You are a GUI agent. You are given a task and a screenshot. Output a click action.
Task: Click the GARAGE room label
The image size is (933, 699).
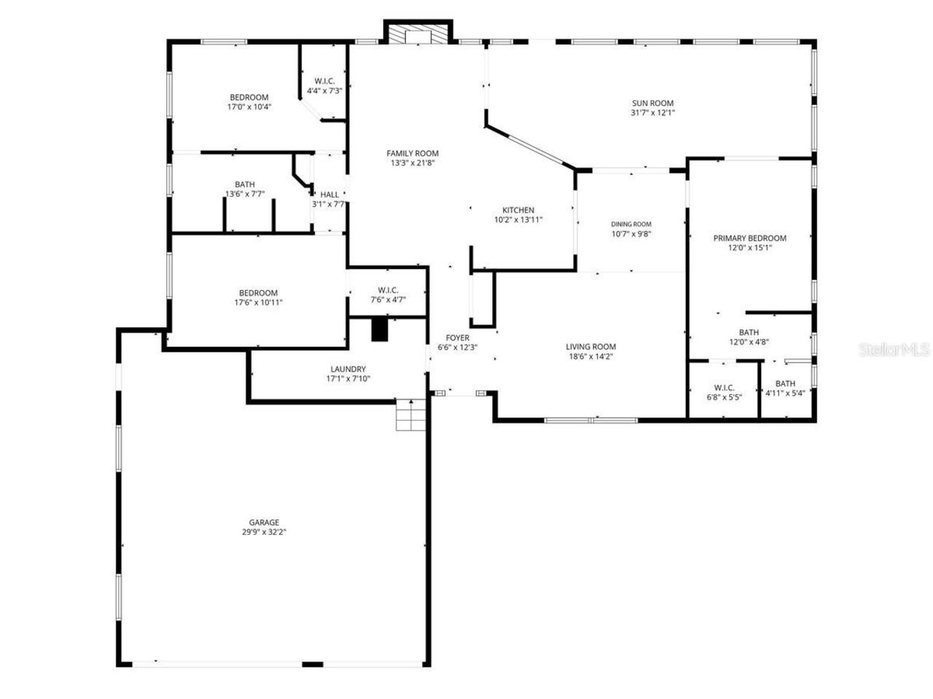[x=264, y=523]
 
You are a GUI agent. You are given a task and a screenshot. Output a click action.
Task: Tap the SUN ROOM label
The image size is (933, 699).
[x=652, y=104]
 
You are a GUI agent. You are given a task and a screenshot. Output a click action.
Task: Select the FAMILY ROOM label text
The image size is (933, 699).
[x=413, y=153]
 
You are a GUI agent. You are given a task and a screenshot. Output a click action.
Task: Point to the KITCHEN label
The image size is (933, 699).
[x=518, y=210]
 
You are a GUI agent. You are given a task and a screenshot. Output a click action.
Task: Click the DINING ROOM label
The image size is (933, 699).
[x=631, y=224]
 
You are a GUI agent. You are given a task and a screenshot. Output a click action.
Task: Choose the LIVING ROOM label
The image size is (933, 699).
[x=591, y=347]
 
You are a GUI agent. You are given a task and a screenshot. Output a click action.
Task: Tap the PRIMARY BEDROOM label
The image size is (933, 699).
[x=749, y=238]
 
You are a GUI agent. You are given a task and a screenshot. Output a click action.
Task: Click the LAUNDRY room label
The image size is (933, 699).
[x=348, y=370]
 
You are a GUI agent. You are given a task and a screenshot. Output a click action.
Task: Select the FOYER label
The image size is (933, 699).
[x=458, y=338]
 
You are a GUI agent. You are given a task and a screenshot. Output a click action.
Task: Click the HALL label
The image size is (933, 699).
[x=329, y=195]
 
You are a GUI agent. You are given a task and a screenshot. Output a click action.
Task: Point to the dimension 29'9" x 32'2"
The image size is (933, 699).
[x=264, y=532]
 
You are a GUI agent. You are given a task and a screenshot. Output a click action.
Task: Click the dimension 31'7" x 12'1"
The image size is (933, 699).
[x=652, y=113]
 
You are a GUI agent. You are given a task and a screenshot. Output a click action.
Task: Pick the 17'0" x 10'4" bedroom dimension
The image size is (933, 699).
[x=249, y=106]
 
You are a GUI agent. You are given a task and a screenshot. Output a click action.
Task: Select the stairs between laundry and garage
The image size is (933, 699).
[x=410, y=415]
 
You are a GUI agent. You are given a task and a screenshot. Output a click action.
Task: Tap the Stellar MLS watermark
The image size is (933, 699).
[x=894, y=350]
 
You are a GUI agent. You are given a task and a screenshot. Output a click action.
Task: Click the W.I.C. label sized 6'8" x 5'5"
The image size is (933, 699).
[x=724, y=388]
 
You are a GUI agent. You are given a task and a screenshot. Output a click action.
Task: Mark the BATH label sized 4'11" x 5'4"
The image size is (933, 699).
[x=785, y=384]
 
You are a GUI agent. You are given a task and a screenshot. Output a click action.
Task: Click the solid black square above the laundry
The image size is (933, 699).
[x=380, y=329]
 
